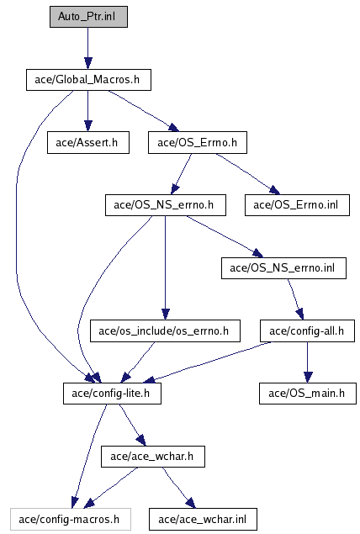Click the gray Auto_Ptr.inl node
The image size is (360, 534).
(x=88, y=17)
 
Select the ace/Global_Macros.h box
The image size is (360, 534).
(x=88, y=80)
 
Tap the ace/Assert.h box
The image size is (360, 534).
(x=88, y=143)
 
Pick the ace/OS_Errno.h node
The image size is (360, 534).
(x=198, y=143)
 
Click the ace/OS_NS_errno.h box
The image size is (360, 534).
(x=166, y=205)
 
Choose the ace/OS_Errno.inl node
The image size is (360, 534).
(x=297, y=205)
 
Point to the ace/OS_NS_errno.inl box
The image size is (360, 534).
(x=283, y=268)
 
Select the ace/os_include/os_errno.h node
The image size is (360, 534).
(x=165, y=331)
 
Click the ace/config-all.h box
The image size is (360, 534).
(x=308, y=331)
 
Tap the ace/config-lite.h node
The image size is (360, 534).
(x=112, y=394)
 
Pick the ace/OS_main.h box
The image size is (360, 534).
(x=308, y=394)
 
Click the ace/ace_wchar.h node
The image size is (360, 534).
(x=153, y=457)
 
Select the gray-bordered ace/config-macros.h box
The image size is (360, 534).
(x=71, y=520)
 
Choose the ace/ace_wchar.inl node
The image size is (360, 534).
(x=203, y=520)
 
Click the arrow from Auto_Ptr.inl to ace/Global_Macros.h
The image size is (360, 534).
(x=88, y=49)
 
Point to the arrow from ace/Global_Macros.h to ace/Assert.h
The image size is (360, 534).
(x=88, y=111)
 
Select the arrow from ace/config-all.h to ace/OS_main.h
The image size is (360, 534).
(x=308, y=362)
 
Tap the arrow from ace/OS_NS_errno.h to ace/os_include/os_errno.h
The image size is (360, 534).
(x=166, y=267)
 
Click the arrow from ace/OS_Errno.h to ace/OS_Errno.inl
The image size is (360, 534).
(x=247, y=174)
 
